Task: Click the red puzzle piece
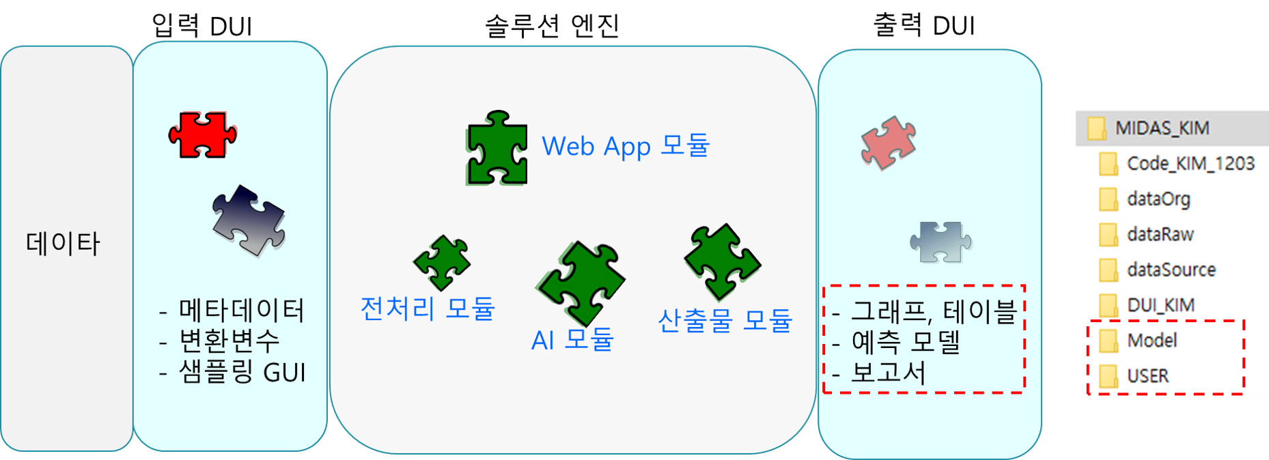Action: click(x=202, y=134)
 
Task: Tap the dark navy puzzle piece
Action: click(x=249, y=220)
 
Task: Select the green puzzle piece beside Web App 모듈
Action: click(x=497, y=148)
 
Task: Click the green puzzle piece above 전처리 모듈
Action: click(x=442, y=262)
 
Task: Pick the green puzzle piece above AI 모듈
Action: click(x=581, y=282)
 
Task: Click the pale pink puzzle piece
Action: click(x=888, y=143)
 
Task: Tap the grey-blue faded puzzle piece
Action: click(x=940, y=242)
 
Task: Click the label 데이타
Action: click(x=63, y=244)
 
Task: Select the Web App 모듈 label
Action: click(x=626, y=146)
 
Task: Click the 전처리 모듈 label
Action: click(x=427, y=308)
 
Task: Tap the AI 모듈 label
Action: click(x=572, y=339)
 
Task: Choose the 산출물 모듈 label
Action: click(x=725, y=320)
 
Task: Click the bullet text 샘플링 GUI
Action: click(x=242, y=372)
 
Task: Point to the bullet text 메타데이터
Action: click(x=241, y=311)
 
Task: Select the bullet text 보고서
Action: click(x=888, y=373)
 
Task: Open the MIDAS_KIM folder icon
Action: click(x=1096, y=128)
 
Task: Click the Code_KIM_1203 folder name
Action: click(x=1190, y=164)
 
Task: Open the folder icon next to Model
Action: click(x=1108, y=340)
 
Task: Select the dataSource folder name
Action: click(x=1171, y=270)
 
